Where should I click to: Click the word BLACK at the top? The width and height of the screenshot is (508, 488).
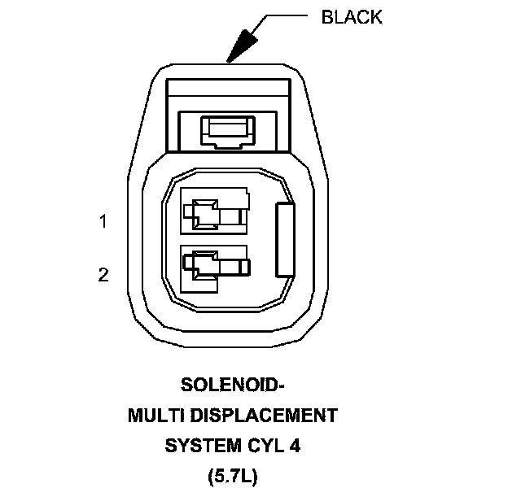coord(352,17)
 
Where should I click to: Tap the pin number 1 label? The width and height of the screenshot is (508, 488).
coord(103,221)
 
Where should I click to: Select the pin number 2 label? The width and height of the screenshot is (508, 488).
coord(103,275)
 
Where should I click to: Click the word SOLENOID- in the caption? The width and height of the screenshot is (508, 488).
coord(232,385)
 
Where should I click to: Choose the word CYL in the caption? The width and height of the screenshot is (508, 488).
coord(265,446)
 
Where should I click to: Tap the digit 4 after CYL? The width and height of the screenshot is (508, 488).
coord(295,446)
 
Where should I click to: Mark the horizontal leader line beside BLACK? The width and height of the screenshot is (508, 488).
coord(287,17)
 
